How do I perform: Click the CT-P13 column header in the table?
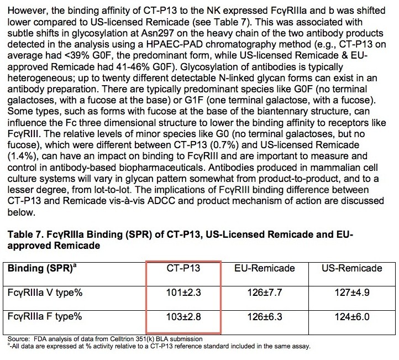coord(183,268)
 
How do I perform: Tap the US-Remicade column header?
coord(352,268)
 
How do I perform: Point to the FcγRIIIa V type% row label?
coord(45,293)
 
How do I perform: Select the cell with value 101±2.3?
coord(183,293)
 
